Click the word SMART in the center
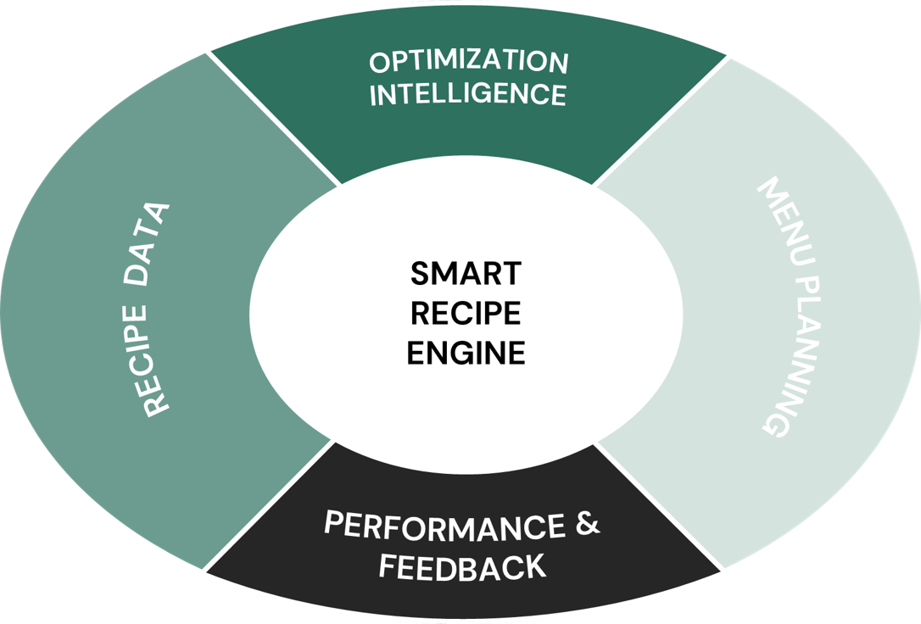click(x=466, y=274)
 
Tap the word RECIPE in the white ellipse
click(x=466, y=313)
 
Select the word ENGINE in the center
click(x=466, y=353)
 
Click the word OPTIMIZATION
click(x=468, y=62)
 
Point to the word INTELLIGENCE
click(x=468, y=93)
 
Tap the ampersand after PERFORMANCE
click(x=588, y=524)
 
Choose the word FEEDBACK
click(x=462, y=566)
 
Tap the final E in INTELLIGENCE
click(x=557, y=95)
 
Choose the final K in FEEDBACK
click(x=536, y=567)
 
